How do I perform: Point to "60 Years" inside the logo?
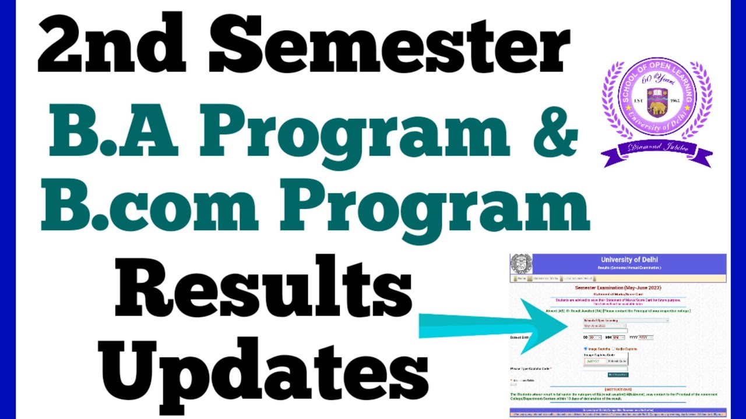tap(657, 80)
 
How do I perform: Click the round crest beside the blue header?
tap(520, 264)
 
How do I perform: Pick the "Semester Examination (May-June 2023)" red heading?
tap(618, 288)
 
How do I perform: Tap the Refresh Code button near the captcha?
tap(618, 361)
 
